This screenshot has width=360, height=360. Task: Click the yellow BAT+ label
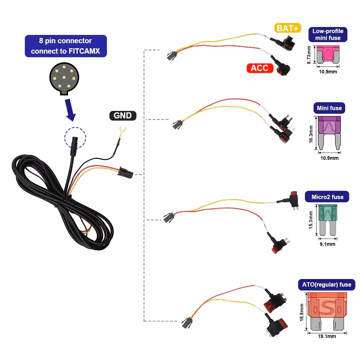click(287, 28)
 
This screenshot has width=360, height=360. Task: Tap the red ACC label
click(259, 68)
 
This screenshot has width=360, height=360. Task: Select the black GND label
click(123, 116)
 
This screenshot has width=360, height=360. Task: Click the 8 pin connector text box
click(66, 46)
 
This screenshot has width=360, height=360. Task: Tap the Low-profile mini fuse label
click(328, 35)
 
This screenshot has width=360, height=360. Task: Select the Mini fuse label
click(329, 108)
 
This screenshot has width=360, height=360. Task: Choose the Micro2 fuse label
click(327, 197)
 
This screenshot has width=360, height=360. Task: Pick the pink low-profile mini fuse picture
click(327, 54)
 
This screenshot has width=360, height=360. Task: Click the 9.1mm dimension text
click(327, 244)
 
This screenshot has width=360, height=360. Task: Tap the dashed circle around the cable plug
click(75, 138)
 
